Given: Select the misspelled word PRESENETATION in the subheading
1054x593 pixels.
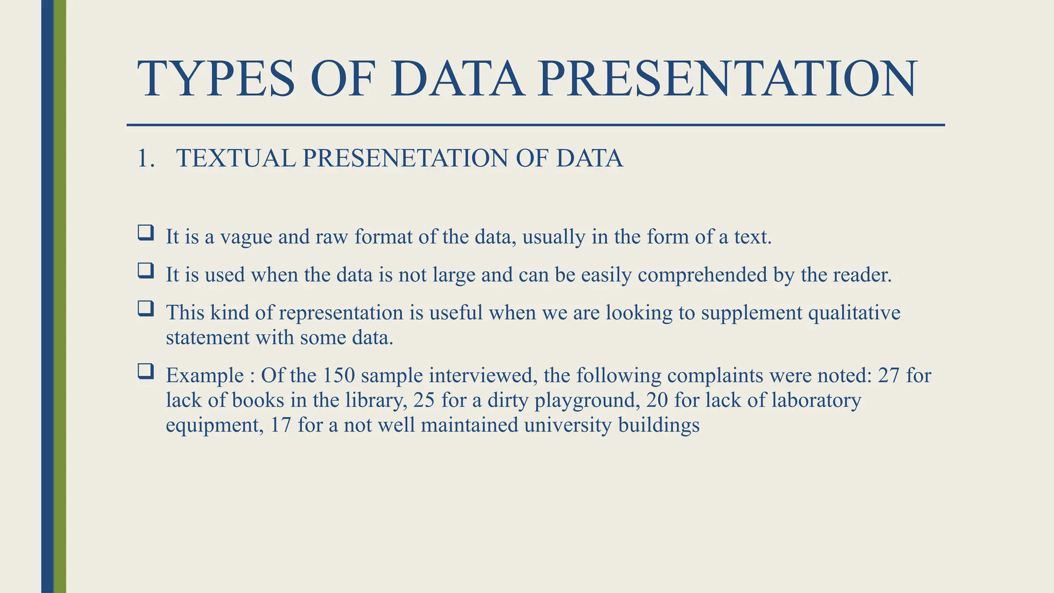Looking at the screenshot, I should [406, 158].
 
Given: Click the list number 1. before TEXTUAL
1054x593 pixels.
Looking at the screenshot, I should [146, 158].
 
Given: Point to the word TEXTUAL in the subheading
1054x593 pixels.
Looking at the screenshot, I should [236, 158].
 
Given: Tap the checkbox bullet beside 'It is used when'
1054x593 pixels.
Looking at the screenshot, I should [146, 271].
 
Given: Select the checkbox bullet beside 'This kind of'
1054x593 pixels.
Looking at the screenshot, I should [146, 309].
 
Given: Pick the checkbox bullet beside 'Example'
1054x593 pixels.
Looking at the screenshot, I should [146, 372].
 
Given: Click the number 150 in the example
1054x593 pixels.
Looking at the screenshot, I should [339, 376].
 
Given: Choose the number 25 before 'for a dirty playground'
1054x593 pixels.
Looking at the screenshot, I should [424, 400].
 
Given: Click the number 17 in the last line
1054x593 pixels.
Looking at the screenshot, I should [280, 425].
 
